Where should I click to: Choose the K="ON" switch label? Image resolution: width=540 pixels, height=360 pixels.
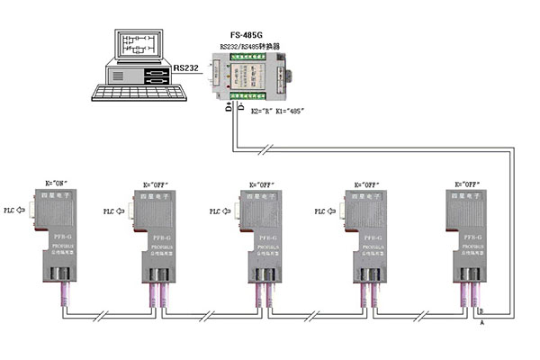56,183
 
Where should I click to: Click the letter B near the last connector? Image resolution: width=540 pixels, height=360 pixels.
481,310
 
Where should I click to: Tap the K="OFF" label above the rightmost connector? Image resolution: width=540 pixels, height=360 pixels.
469,183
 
